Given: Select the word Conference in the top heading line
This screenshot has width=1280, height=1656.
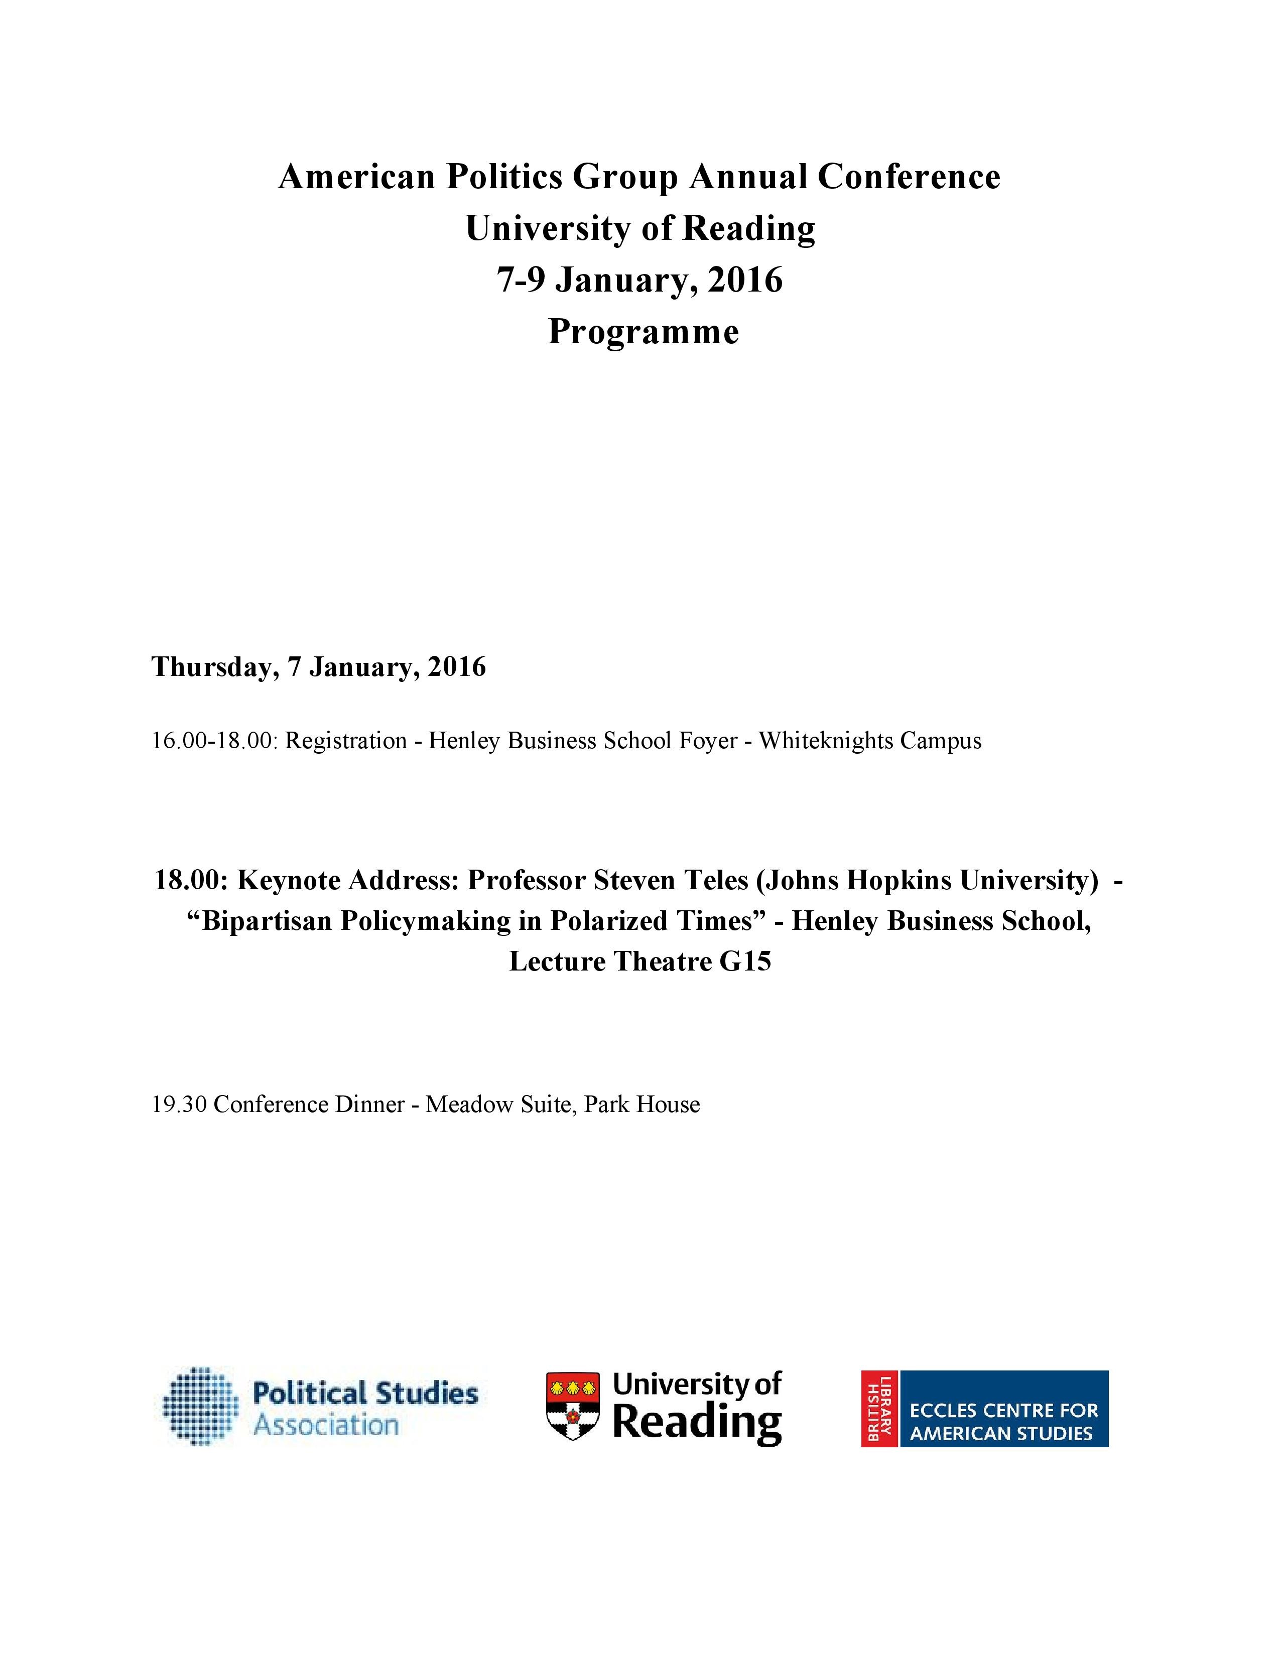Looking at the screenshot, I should pyautogui.click(x=909, y=177).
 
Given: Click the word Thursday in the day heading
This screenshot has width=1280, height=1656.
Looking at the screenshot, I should pyautogui.click(x=210, y=666).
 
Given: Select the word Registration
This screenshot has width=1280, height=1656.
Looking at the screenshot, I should pyautogui.click(x=346, y=740).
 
